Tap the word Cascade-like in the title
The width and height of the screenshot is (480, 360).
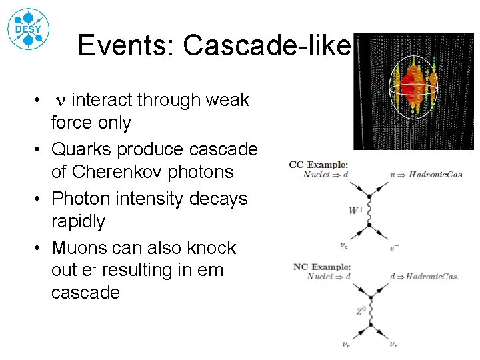(x=267, y=45)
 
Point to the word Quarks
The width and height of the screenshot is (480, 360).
(x=86, y=149)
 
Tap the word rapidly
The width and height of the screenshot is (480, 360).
(x=79, y=221)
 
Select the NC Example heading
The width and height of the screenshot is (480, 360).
(x=321, y=267)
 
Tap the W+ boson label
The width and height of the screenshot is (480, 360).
(x=356, y=211)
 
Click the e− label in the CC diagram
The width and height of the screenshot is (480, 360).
(x=395, y=246)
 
